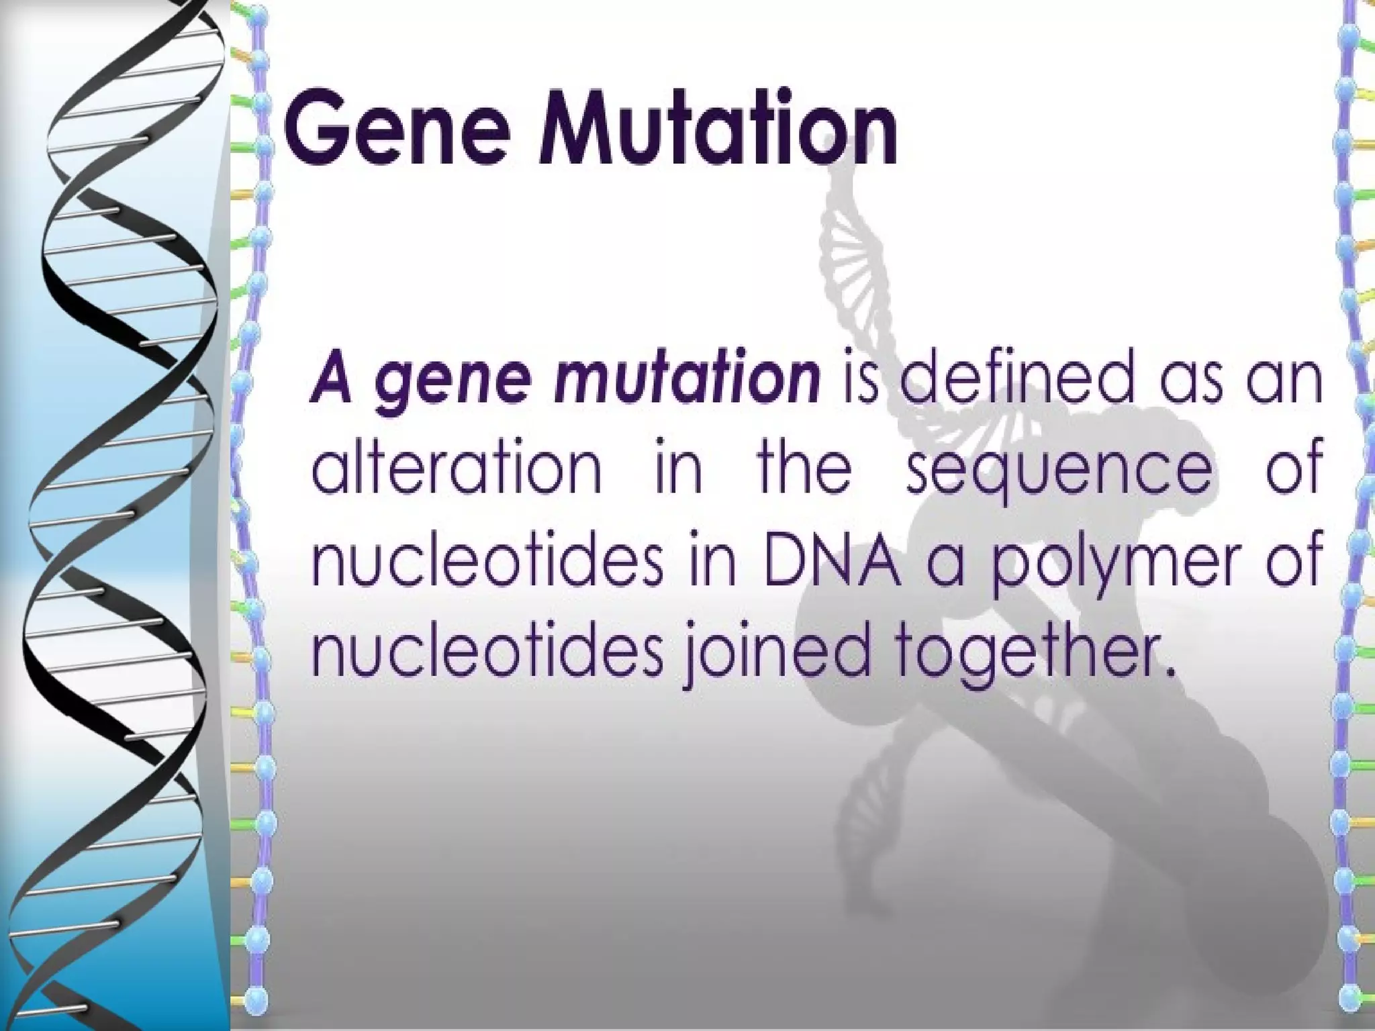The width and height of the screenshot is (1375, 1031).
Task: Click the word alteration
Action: pyautogui.click(x=457, y=466)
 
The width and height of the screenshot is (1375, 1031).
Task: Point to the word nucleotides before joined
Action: pyautogui.click(x=487, y=648)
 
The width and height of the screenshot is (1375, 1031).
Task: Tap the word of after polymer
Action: pyautogui.click(x=1294, y=557)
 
